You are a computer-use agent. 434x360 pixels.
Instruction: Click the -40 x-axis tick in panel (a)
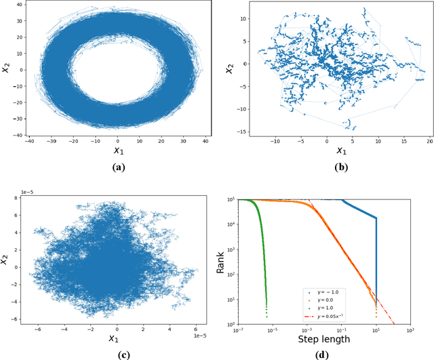[x=29, y=141]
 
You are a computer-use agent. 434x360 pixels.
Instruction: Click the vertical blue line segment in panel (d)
[x=376, y=258]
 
